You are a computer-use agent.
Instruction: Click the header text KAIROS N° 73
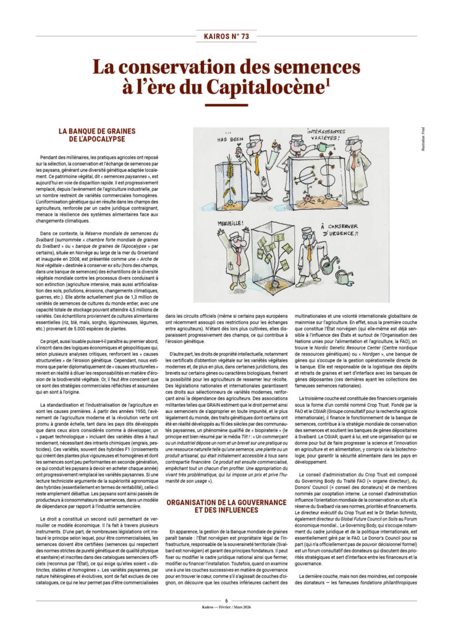pos(226,36)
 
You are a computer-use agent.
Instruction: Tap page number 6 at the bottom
pos(226,600)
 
